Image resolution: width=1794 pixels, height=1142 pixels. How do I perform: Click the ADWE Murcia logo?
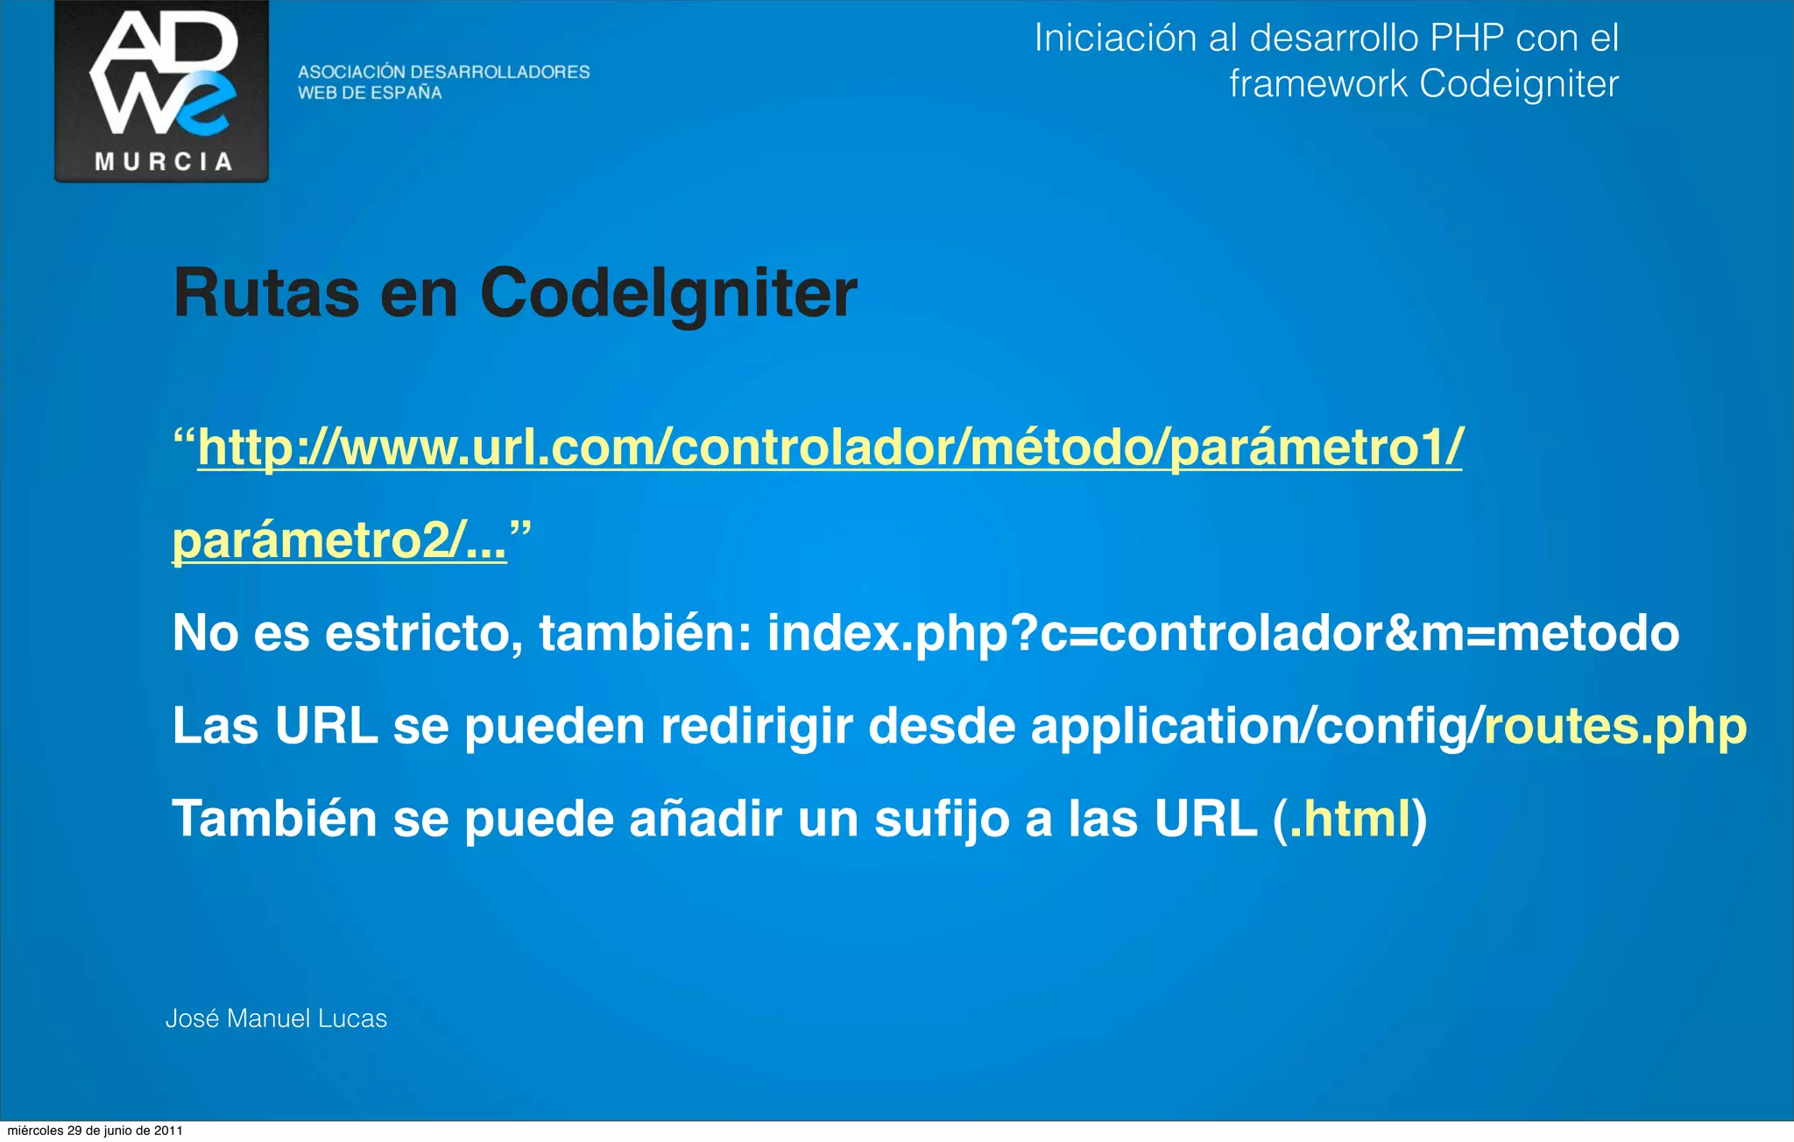(162, 90)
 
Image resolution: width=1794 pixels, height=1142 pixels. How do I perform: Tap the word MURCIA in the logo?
(163, 162)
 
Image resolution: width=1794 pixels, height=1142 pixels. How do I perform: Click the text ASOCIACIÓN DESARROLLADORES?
(443, 72)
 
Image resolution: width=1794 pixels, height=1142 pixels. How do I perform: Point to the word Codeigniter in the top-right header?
(1518, 84)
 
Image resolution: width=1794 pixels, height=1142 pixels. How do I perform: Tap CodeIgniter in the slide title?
(668, 293)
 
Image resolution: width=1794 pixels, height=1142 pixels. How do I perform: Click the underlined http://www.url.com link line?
(830, 448)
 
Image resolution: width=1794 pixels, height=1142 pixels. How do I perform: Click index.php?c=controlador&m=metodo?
(1223, 633)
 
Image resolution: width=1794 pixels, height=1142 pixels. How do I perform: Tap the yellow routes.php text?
(1614, 727)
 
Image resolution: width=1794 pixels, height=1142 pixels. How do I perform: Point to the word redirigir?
(757, 727)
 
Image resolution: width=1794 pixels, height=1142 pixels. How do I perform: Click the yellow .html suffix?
(1350, 820)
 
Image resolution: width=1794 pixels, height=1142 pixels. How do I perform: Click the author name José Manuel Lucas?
(276, 1019)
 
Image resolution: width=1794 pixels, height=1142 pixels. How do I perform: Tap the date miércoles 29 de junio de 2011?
(95, 1131)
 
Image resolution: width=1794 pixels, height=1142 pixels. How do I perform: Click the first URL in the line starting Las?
(326, 727)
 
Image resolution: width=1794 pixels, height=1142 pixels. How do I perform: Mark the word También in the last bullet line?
(274, 820)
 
